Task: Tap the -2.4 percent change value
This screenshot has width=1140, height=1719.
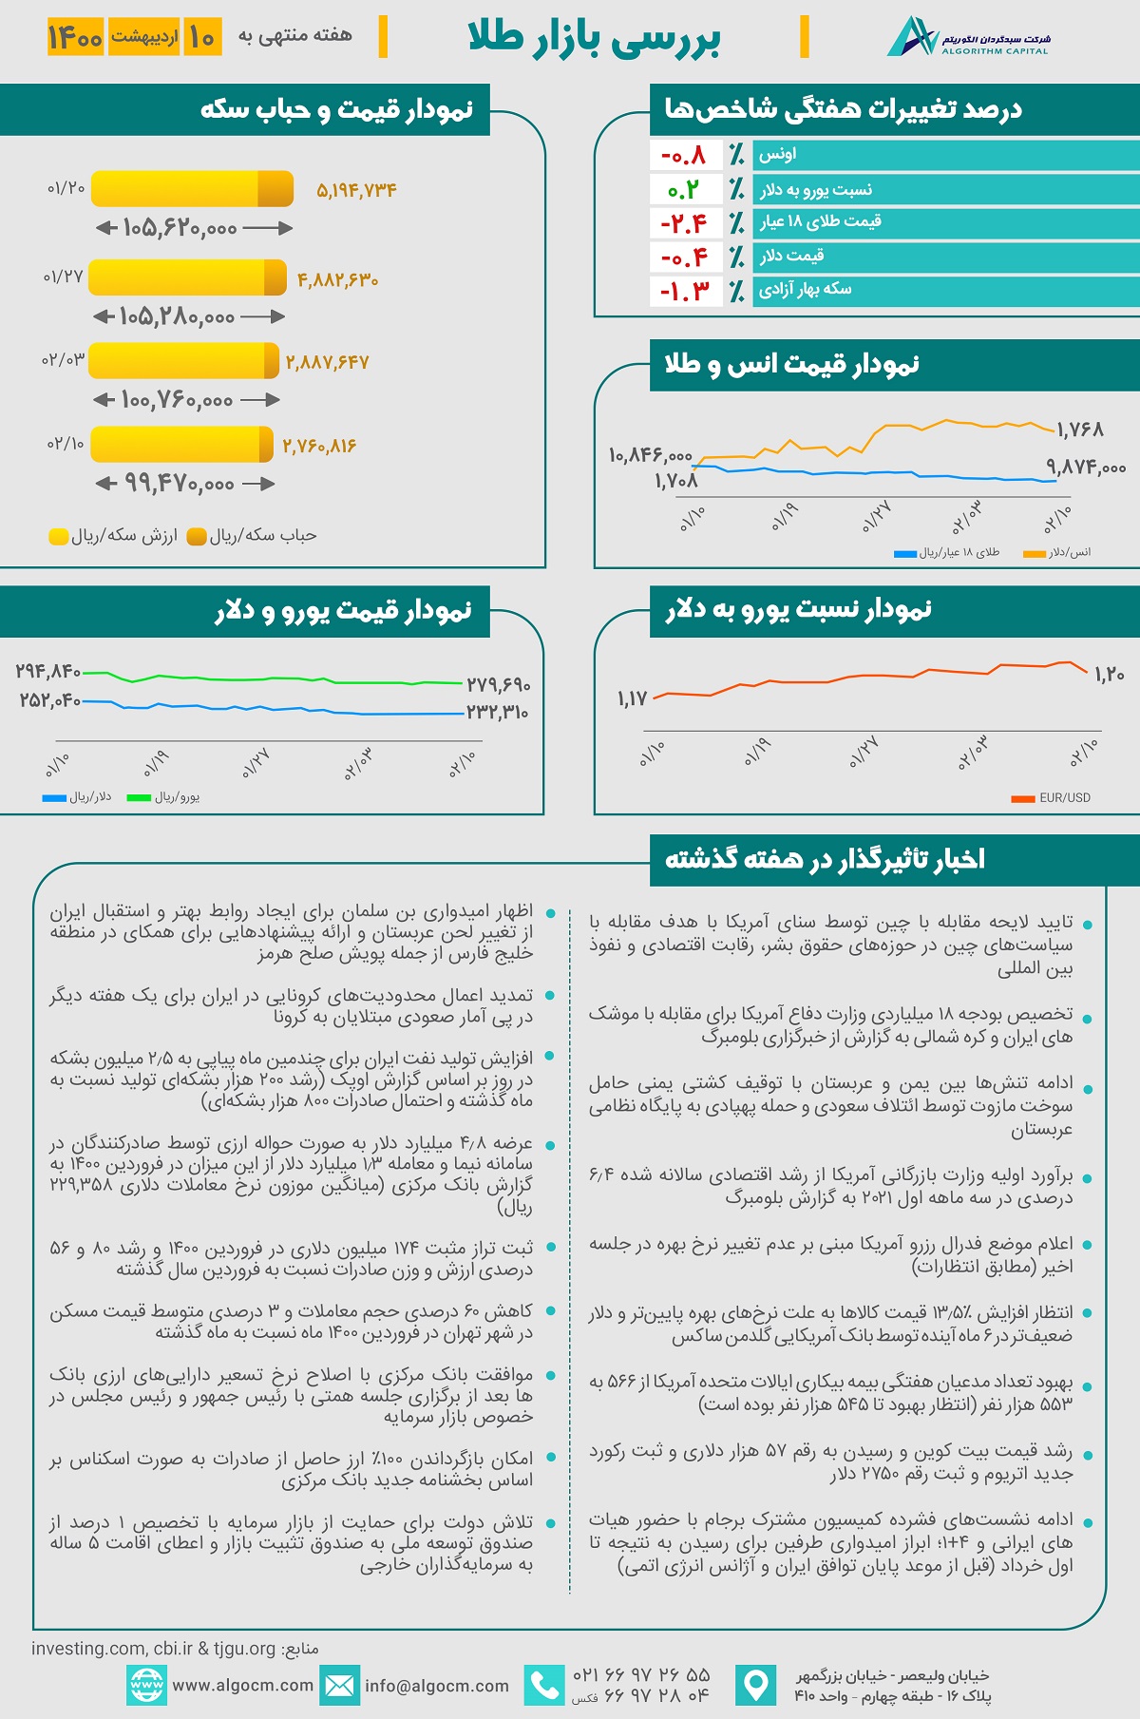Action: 685,223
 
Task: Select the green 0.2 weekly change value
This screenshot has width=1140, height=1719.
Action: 683,190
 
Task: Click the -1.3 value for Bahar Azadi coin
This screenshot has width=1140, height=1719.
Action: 685,291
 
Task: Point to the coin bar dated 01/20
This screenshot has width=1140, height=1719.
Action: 192,188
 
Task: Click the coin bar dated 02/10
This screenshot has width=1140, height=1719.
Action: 182,444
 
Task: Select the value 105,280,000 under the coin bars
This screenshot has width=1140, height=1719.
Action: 178,316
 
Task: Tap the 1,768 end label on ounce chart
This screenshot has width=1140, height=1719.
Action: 1080,430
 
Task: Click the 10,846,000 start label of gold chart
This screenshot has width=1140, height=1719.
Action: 651,455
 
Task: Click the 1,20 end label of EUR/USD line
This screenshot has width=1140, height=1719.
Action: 1110,675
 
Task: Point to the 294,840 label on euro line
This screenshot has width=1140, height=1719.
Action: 48,672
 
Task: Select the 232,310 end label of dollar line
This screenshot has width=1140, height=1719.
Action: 497,712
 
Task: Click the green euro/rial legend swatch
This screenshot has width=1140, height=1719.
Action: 139,797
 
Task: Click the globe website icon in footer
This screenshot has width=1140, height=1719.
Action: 146,1686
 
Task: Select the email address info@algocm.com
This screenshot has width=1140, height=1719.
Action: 437,1686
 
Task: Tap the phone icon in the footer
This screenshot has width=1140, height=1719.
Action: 544,1686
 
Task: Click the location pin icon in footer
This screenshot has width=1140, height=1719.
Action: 756,1686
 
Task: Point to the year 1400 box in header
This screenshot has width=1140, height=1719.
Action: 75,37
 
